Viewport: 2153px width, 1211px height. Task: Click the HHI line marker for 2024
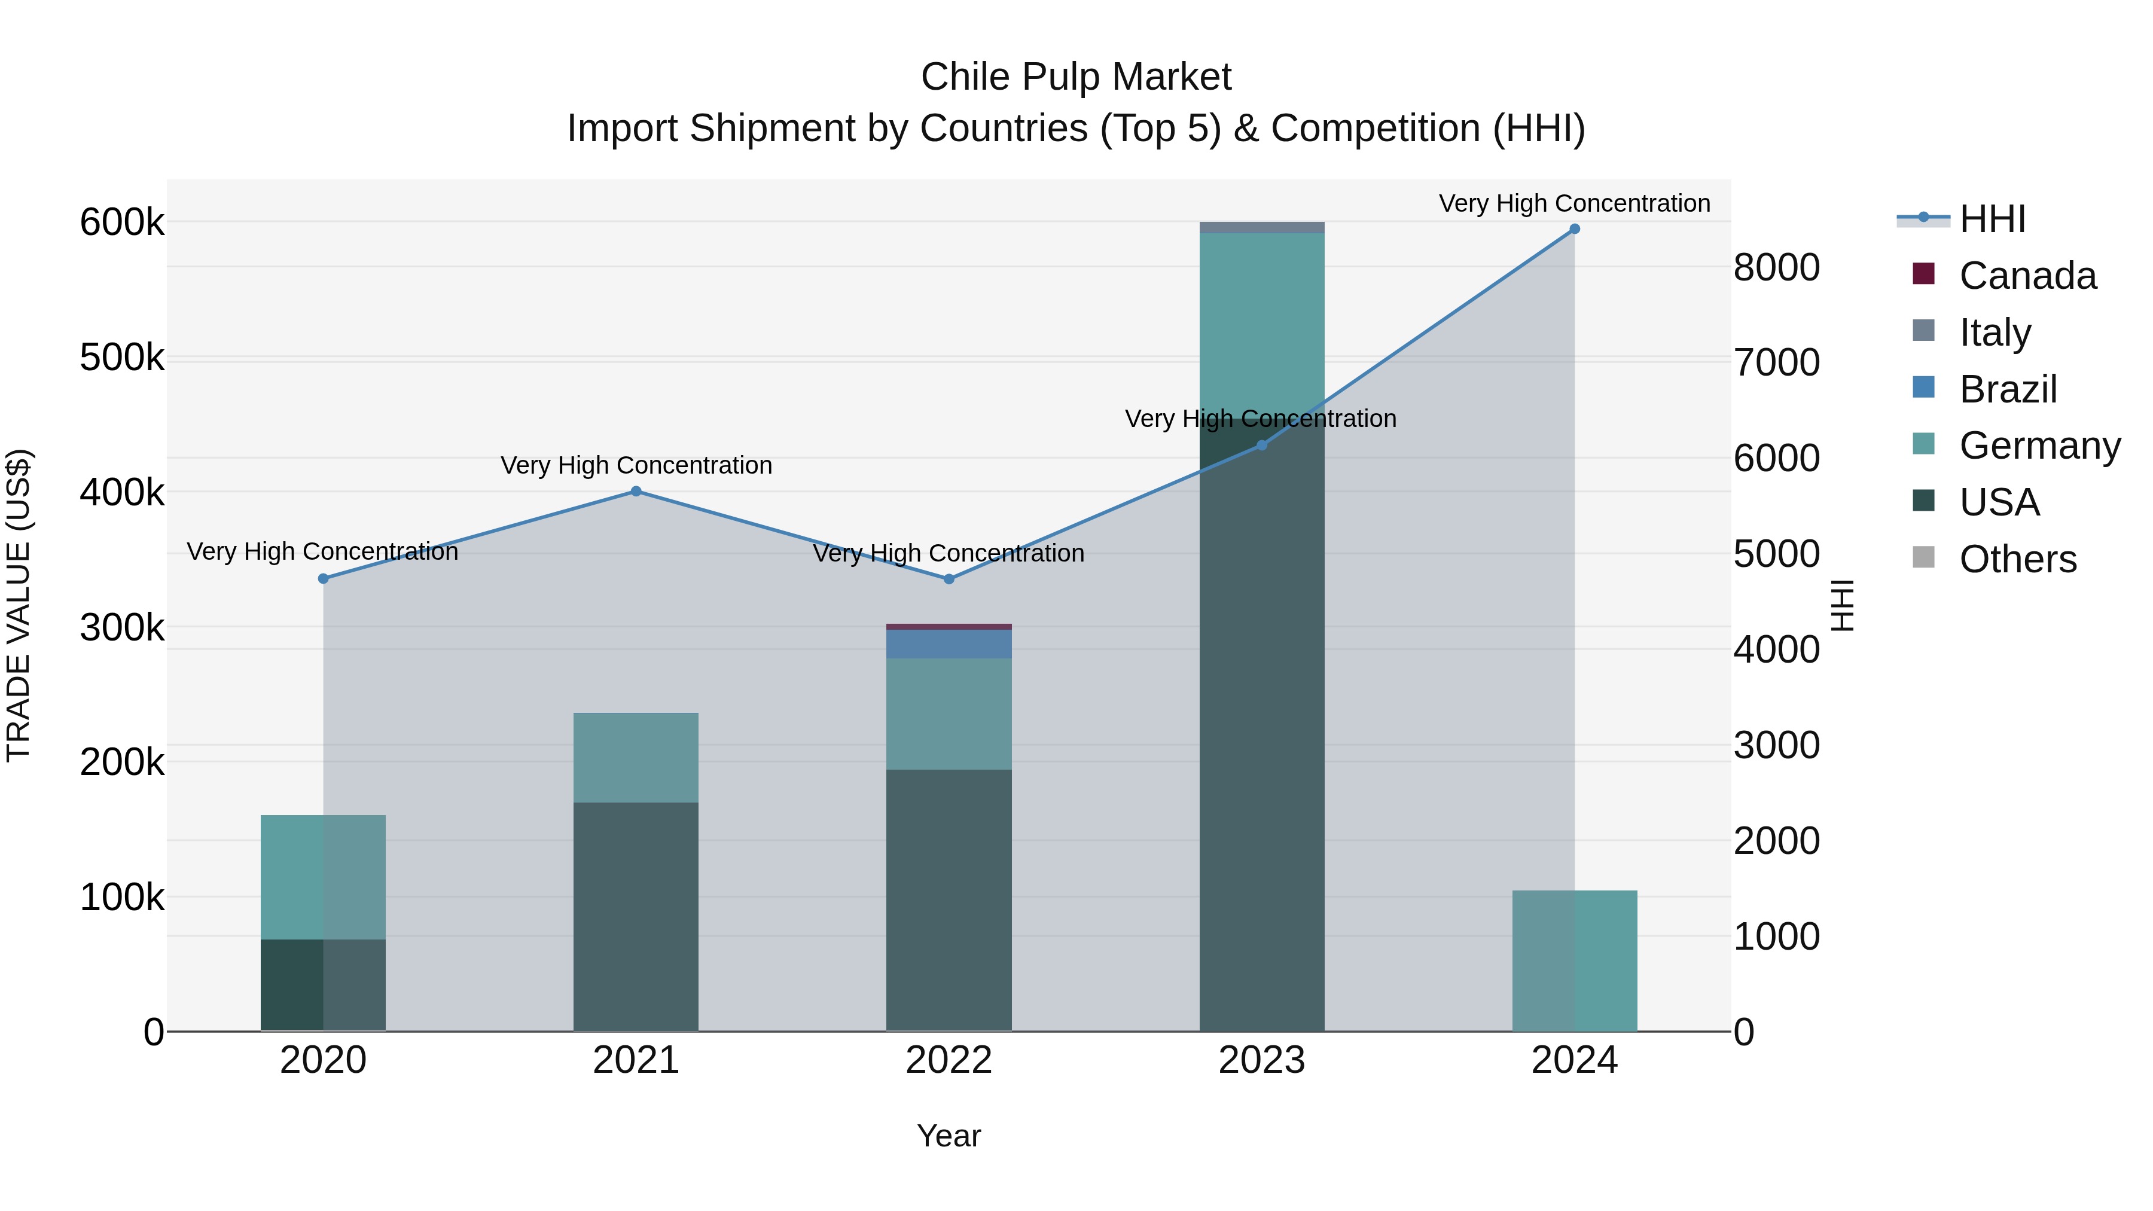click(x=1574, y=229)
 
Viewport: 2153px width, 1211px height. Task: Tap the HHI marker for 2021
click(x=636, y=492)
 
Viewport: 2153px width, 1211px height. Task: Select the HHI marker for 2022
click(x=949, y=579)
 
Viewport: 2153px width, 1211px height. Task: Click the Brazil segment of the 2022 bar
click(x=949, y=643)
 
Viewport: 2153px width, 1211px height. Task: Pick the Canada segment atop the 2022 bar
click(x=949, y=627)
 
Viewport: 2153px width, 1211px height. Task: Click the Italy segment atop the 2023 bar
click(x=1261, y=227)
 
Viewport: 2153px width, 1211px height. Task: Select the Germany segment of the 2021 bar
click(x=636, y=757)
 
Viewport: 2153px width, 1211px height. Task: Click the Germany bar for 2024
click(x=1574, y=960)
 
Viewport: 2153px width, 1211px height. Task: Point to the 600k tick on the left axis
click(x=122, y=223)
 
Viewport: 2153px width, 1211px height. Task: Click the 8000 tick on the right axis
click(x=1776, y=269)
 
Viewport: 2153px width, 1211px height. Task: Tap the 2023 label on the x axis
click(x=1261, y=1060)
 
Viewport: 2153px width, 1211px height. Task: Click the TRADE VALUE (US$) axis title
click(x=19, y=605)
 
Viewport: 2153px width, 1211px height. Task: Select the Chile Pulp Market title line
click(x=1076, y=77)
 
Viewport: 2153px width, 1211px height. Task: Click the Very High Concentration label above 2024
click(x=1574, y=203)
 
